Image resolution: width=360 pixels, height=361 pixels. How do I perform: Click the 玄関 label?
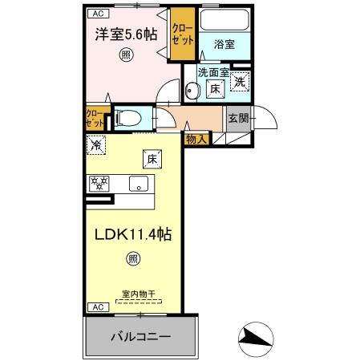pyautogui.click(x=238, y=118)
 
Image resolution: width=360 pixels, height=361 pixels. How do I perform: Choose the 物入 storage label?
pyautogui.click(x=196, y=139)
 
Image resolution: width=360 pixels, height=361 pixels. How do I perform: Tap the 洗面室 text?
pyautogui.click(x=213, y=73)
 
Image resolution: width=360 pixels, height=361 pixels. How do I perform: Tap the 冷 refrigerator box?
pyautogui.click(x=96, y=146)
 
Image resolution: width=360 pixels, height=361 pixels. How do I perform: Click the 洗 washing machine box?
pyautogui.click(x=239, y=82)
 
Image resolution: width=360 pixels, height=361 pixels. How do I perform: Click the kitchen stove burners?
pyautogui.click(x=99, y=183)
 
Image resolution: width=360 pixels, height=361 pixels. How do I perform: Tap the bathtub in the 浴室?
pyautogui.click(x=224, y=21)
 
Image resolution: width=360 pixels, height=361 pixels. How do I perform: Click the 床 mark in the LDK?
pyautogui.click(x=149, y=158)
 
